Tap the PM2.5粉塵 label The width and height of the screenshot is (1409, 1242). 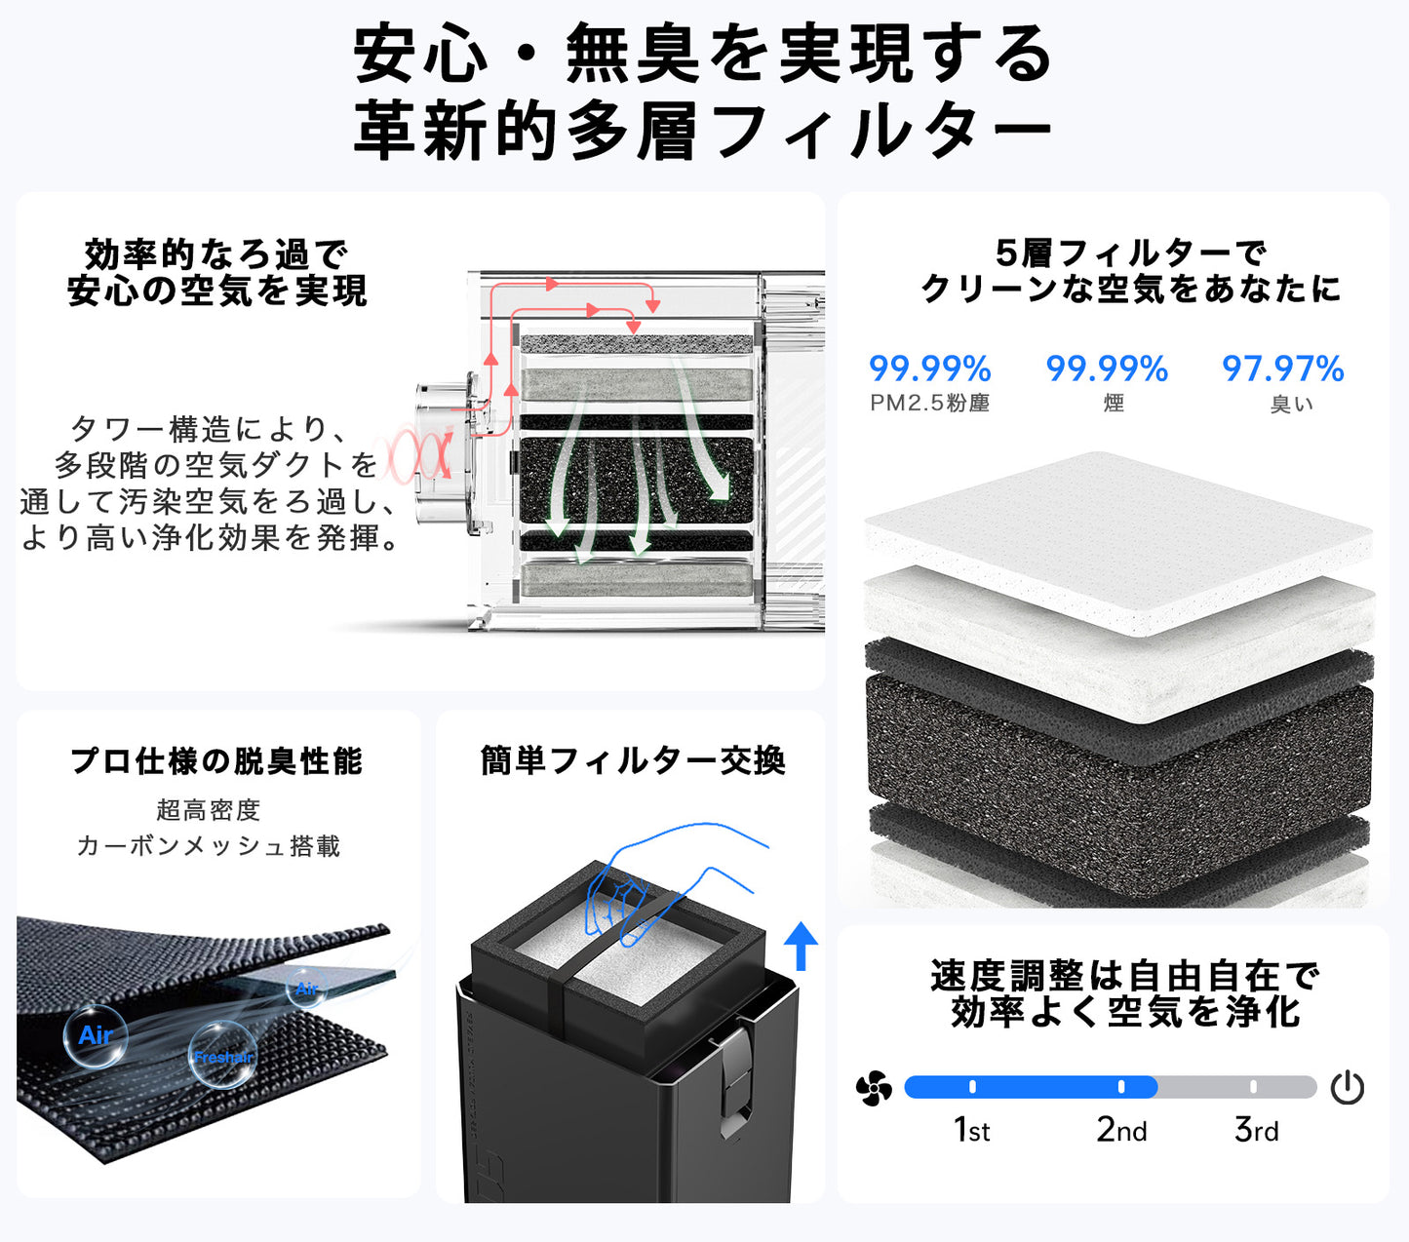[930, 403]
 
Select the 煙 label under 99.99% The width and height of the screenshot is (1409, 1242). [1114, 403]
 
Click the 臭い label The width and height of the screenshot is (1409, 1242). [1291, 404]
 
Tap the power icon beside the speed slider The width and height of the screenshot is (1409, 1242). [1348, 1087]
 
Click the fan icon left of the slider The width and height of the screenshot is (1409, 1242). [874, 1088]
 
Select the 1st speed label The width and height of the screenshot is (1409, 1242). [971, 1129]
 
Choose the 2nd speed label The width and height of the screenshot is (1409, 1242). [1121, 1129]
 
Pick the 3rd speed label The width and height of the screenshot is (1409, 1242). [1256, 1129]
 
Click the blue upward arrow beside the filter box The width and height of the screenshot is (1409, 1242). [801, 946]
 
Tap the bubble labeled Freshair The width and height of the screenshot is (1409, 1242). [222, 1055]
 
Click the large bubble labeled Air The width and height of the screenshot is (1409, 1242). [96, 1035]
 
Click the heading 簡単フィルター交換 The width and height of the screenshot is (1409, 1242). [633, 760]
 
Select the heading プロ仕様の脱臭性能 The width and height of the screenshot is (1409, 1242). [216, 760]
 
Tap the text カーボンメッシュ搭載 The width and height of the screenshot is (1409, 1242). [209, 845]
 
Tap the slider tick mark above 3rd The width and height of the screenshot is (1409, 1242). [1253, 1086]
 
